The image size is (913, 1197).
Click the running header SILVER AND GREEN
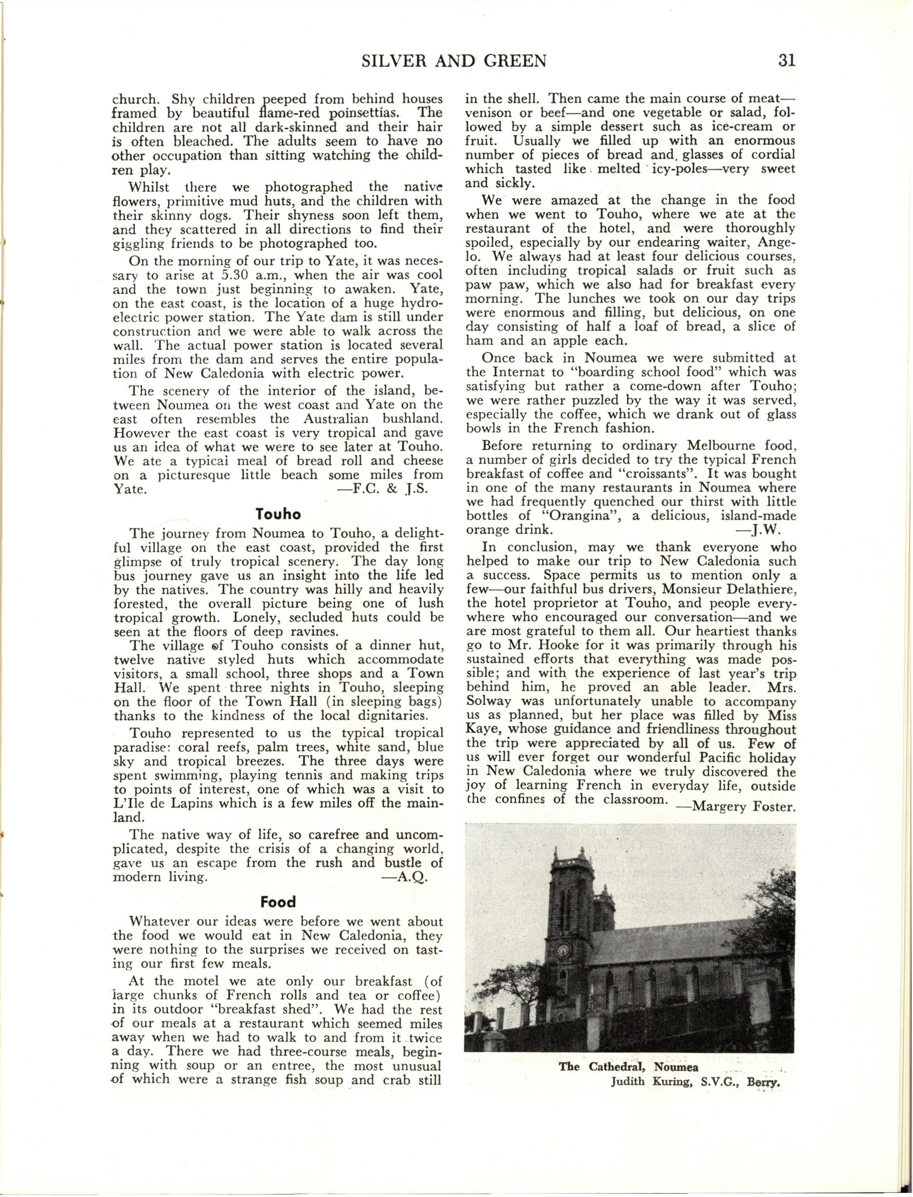pyautogui.click(x=453, y=60)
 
